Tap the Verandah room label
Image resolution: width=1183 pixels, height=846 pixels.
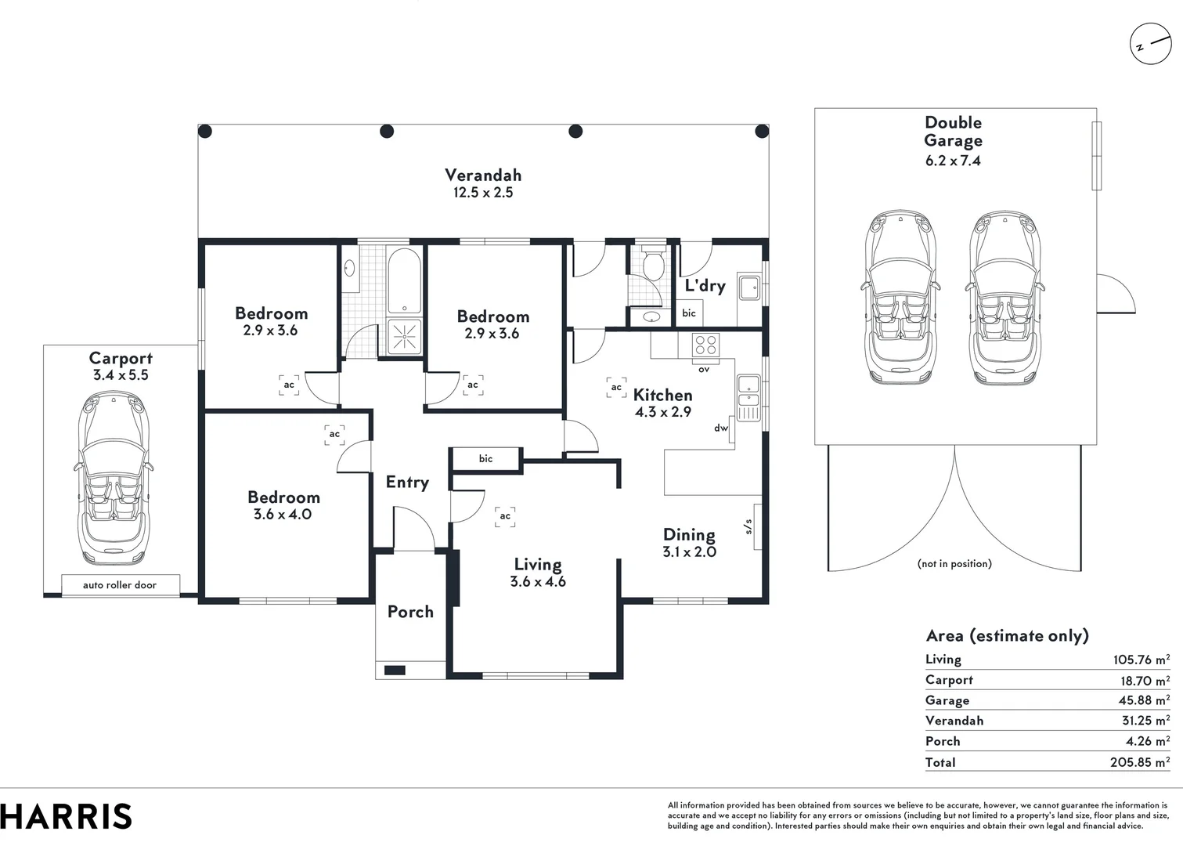tap(483, 175)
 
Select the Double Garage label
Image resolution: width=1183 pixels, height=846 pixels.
tap(953, 132)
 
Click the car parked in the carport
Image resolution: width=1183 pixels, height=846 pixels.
tap(114, 479)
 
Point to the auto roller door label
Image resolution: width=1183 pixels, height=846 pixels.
tap(120, 585)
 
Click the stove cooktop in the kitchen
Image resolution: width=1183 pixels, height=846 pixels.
tap(705, 345)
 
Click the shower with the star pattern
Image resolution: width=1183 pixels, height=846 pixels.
tap(404, 338)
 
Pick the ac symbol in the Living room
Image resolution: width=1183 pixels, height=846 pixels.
tap(505, 516)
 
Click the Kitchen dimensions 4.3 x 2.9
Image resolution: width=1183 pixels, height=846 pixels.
tap(662, 412)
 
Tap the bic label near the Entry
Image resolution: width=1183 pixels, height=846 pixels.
tap(485, 458)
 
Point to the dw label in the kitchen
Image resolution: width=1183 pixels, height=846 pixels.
tap(720, 428)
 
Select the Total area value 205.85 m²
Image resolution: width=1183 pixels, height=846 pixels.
tap(1139, 761)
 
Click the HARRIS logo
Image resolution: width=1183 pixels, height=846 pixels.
tap(66, 816)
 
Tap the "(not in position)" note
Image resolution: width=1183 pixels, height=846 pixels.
tap(954, 563)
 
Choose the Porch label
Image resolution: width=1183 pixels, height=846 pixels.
tap(410, 612)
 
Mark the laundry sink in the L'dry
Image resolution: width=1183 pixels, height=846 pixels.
tap(749, 287)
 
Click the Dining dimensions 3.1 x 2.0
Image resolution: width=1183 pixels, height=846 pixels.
tap(689, 551)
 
